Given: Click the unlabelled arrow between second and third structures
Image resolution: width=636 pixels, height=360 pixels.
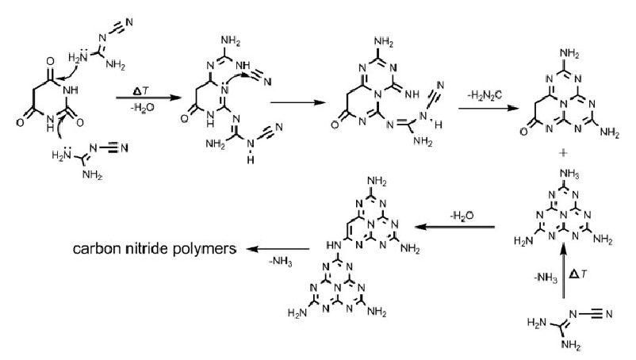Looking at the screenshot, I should coord(297,101).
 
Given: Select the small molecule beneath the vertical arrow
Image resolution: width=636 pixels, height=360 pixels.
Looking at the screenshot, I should coord(564,329).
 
